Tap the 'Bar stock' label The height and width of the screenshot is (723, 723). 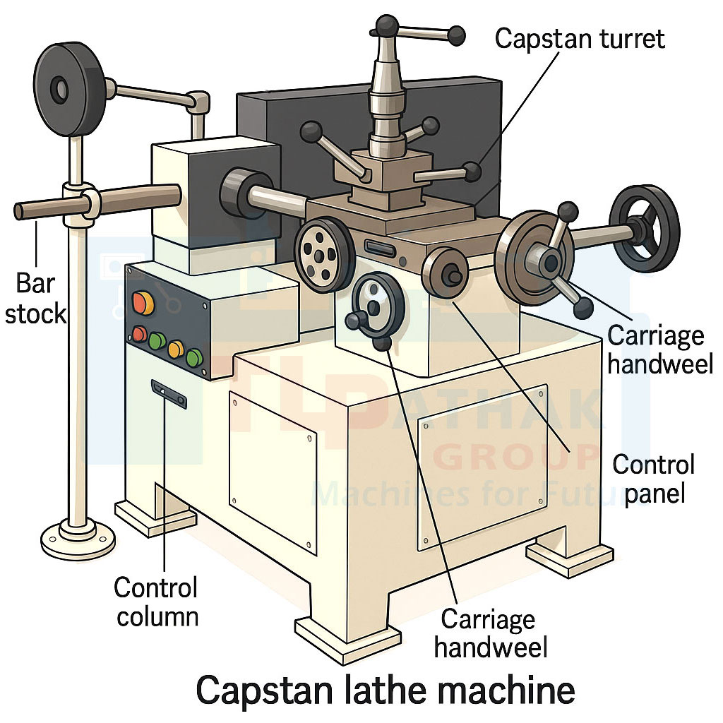tap(35, 297)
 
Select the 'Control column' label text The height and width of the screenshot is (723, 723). tap(157, 601)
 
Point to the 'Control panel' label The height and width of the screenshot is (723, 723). tap(653, 478)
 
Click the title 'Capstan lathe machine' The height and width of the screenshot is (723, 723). tap(385, 690)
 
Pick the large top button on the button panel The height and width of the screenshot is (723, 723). tap(143, 302)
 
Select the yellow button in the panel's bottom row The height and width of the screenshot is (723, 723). tap(176, 348)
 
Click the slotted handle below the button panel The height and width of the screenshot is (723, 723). tap(169, 394)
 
